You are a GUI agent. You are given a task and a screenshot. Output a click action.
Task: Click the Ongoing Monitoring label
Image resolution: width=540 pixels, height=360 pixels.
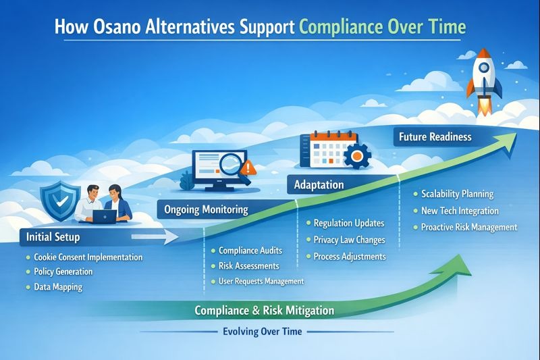click(x=207, y=209)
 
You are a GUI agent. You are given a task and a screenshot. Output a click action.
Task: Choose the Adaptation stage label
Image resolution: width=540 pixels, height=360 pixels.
click(x=319, y=184)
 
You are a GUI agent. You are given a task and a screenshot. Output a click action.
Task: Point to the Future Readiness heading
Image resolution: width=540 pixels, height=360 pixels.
click(x=435, y=136)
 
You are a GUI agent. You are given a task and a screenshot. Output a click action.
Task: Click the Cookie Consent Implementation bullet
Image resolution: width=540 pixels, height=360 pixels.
click(x=88, y=257)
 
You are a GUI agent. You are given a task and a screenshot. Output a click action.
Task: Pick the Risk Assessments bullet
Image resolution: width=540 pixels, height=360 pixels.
click(x=248, y=266)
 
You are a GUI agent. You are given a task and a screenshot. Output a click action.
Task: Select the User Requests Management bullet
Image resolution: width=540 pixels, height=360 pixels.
click(x=261, y=281)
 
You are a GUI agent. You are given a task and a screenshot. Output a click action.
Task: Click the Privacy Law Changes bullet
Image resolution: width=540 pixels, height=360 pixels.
click(x=348, y=240)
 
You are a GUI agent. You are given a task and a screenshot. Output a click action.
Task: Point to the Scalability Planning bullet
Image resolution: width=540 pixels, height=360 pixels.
click(x=457, y=194)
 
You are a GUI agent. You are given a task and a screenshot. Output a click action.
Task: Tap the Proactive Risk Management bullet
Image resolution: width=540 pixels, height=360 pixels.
click(x=468, y=228)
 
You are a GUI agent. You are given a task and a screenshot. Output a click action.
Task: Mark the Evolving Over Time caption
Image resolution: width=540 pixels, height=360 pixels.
click(x=263, y=332)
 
